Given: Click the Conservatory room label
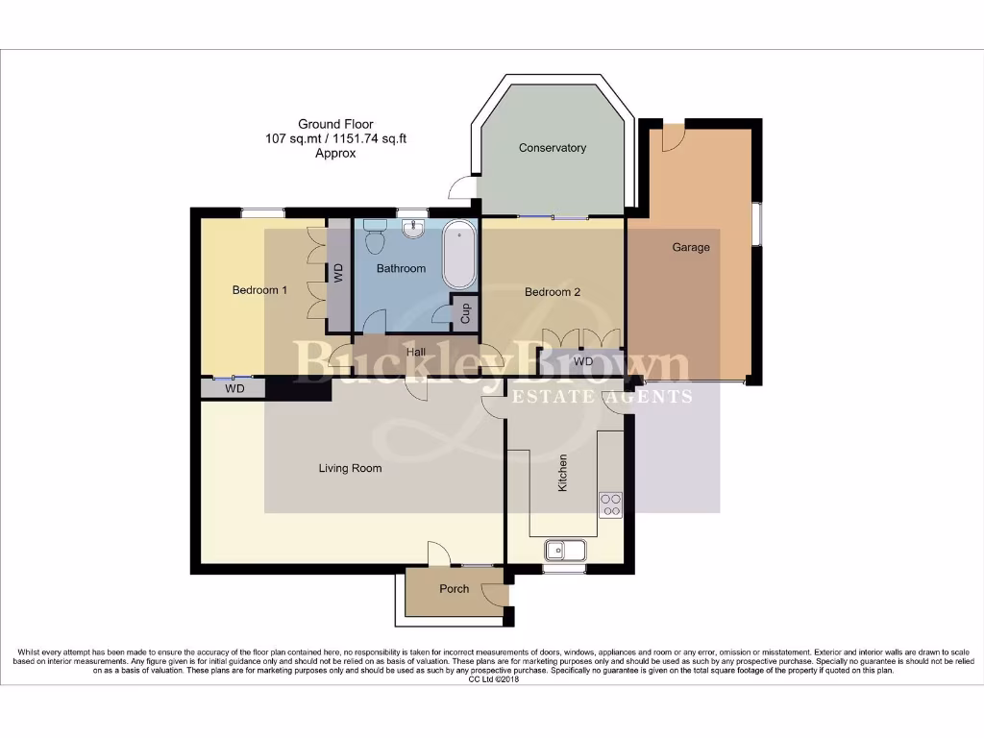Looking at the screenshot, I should (552, 148).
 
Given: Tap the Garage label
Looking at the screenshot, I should (690, 247).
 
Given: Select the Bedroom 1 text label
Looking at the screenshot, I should (259, 290).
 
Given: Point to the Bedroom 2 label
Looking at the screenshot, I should (552, 292).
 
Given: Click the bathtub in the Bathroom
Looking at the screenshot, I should (459, 255).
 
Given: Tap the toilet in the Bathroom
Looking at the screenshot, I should (375, 231).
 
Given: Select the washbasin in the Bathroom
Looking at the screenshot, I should (413, 228).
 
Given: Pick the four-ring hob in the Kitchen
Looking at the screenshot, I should (610, 504).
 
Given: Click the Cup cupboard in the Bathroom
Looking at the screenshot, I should (465, 312).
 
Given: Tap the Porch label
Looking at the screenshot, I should (454, 589).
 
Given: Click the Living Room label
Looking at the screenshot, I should (350, 469).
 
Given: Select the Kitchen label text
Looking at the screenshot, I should (563, 473).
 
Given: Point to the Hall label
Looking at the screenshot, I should (415, 353).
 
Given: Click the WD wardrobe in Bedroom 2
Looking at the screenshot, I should (582, 362).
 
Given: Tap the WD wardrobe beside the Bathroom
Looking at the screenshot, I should (338, 273).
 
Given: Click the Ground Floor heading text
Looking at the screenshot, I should (335, 124).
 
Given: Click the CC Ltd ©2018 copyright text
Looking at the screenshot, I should (492, 679).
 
